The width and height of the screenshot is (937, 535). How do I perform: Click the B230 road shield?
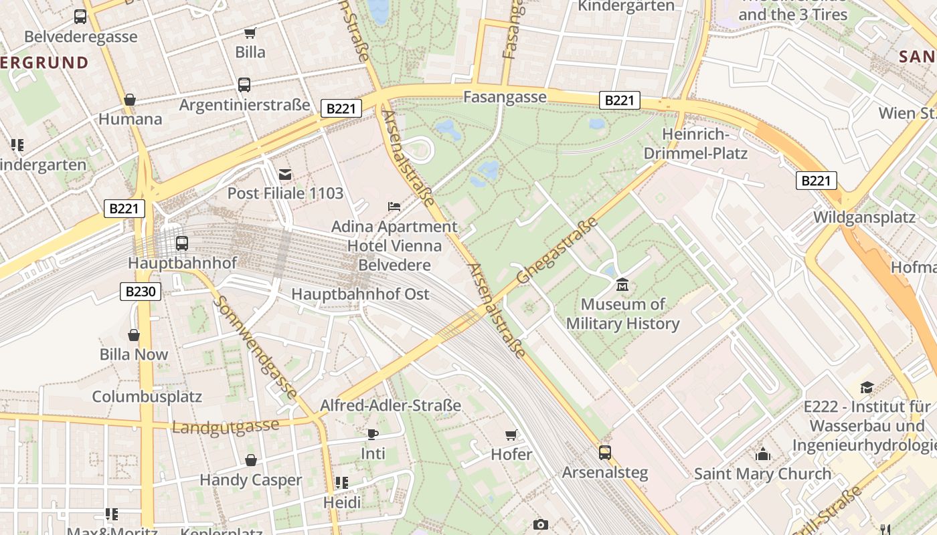pyautogui.click(x=141, y=292)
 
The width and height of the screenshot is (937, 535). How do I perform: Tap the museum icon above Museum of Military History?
pyautogui.click(x=622, y=285)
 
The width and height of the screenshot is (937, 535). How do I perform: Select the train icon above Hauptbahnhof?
pyautogui.click(x=181, y=243)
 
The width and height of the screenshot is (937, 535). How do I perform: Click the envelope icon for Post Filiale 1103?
pyautogui.click(x=285, y=175)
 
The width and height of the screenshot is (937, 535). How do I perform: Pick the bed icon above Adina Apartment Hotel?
pyautogui.click(x=394, y=207)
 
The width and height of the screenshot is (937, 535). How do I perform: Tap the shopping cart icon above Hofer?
pyautogui.click(x=511, y=435)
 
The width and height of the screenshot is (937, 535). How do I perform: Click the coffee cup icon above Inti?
pyautogui.click(x=373, y=434)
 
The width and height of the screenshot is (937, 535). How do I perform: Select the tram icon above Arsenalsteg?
pyautogui.click(x=604, y=453)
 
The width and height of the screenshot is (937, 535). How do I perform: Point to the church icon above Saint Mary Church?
pyautogui.click(x=762, y=454)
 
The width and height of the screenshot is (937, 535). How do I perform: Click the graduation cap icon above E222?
pyautogui.click(x=867, y=387)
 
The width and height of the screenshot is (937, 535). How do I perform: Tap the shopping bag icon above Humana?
pyautogui.click(x=130, y=100)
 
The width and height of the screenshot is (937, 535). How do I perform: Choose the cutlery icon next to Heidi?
pyautogui.click(x=341, y=483)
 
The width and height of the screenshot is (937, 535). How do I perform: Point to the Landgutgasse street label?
pyautogui.click(x=226, y=427)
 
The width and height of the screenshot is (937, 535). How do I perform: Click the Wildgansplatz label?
pyautogui.click(x=864, y=217)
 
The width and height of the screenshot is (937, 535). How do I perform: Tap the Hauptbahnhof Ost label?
pyautogui.click(x=360, y=294)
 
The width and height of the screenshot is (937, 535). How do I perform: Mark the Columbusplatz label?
pyautogui.click(x=147, y=397)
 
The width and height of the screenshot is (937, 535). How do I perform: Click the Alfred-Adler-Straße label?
pyautogui.click(x=390, y=405)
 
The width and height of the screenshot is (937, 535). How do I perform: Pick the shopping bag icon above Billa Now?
pyautogui.click(x=134, y=335)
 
